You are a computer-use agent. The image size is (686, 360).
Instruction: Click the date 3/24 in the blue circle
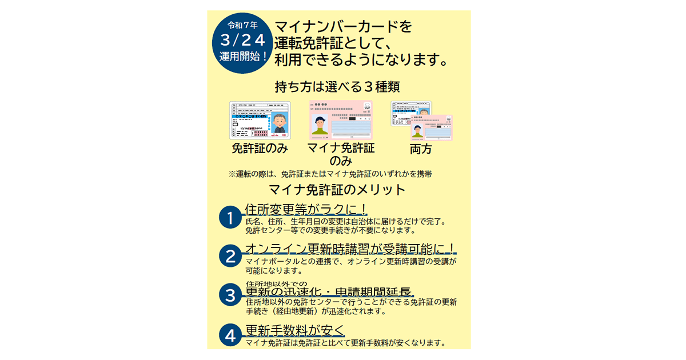tap(243, 41)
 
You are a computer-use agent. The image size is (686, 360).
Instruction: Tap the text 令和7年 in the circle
tap(243, 25)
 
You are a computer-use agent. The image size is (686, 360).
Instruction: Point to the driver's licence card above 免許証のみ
tap(260, 121)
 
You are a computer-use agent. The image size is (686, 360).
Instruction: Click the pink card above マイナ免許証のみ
tap(341, 121)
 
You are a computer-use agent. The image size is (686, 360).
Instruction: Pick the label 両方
tap(421, 150)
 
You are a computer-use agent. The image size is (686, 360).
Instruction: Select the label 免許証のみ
tap(260, 149)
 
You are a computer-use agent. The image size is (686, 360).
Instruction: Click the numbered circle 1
tap(230, 218)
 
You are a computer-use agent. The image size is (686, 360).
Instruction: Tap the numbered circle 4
tap(230, 336)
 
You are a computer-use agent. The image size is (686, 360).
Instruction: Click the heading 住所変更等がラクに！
tap(306, 209)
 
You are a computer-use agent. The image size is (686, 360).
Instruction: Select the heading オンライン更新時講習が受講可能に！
tap(350, 249)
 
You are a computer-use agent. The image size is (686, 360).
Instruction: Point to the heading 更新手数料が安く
tap(295, 330)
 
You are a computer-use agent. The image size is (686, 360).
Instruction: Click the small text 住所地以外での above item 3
tap(276, 283)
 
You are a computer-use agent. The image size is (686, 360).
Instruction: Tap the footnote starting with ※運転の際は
tap(334, 173)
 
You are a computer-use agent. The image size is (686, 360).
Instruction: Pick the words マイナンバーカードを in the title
tap(343, 26)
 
